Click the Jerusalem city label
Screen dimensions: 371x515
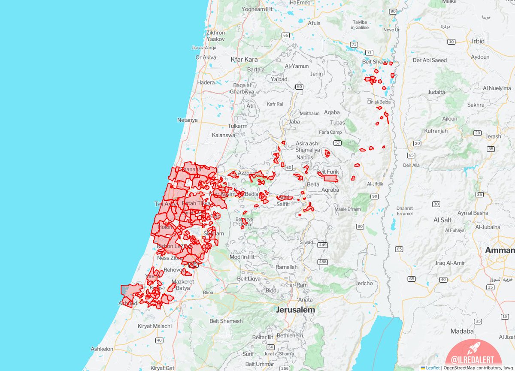[296, 310]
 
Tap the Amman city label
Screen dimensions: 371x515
[500, 250]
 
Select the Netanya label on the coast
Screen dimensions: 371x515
[187, 120]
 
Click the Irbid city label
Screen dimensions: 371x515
[478, 41]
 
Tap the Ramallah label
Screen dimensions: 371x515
[286, 267]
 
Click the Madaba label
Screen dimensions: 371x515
[462, 331]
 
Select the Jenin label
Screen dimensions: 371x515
[316, 74]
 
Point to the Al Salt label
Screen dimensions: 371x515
[442, 220]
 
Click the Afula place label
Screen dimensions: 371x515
[314, 23]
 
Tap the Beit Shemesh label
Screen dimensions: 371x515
[226, 321]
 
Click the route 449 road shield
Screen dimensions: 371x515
[323, 245]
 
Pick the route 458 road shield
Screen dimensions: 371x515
[323, 262]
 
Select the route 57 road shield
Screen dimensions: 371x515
[338, 143]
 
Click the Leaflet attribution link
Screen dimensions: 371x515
[433, 368]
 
